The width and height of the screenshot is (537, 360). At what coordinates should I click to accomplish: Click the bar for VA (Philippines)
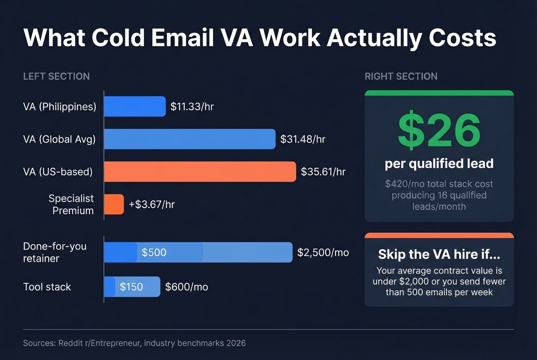[135, 106]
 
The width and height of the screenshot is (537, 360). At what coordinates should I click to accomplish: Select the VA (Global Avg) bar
[189, 139]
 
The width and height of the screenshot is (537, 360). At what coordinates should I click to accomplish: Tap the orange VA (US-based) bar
[200, 171]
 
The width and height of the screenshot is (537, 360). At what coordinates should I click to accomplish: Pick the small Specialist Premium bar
[114, 204]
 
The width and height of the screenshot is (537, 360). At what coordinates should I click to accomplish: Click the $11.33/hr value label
[192, 107]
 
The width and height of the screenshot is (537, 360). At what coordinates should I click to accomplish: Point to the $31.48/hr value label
[303, 139]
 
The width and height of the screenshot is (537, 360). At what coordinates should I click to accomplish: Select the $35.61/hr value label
[323, 172]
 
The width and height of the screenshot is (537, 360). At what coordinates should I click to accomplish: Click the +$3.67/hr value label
[152, 204]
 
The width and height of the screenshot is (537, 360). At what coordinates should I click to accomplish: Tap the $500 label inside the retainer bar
[154, 252]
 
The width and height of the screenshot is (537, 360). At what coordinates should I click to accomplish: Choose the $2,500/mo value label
[323, 252]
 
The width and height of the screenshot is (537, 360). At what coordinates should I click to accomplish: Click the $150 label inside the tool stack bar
[131, 287]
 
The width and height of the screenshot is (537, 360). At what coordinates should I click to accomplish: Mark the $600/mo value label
[186, 287]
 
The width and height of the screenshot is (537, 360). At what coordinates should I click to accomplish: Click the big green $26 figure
[439, 130]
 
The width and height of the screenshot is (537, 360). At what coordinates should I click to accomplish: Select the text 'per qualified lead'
[439, 164]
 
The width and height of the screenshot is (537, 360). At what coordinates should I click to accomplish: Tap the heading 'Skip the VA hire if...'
[439, 254]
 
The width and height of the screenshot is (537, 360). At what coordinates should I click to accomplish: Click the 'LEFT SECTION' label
[56, 76]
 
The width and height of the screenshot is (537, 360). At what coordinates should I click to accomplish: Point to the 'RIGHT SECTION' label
[401, 76]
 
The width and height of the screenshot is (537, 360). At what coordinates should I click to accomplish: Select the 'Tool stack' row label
[47, 287]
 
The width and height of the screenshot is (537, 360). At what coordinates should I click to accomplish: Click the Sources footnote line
[134, 343]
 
